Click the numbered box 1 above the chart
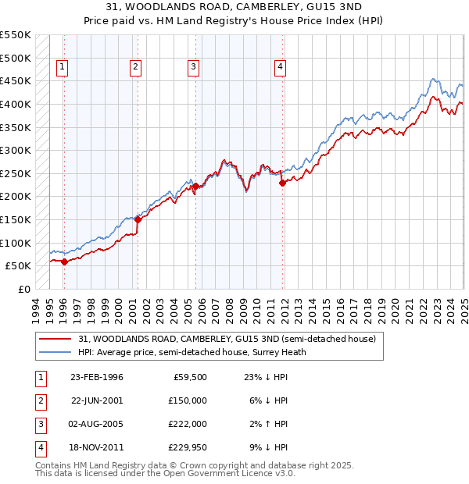[x=62, y=67]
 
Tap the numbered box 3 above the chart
[x=192, y=67]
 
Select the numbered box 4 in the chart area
[x=279, y=67]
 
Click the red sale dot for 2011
[x=282, y=183]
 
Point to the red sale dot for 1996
[x=64, y=262]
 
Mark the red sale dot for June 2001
[x=138, y=219]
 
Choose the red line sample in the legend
[x=55, y=340]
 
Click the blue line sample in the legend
[x=55, y=352]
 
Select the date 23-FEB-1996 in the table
[x=96, y=377]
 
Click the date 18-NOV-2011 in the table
[x=96, y=447]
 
